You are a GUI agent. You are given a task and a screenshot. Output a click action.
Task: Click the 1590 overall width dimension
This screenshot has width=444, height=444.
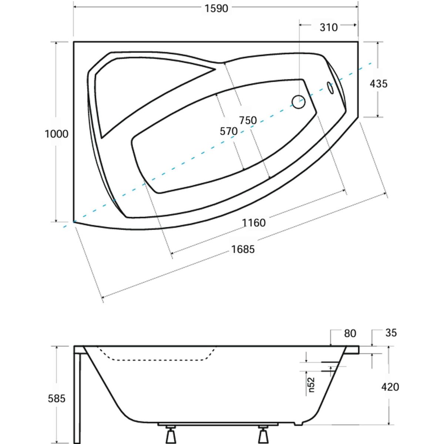216,9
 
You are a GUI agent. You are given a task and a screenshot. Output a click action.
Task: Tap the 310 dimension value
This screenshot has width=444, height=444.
329,27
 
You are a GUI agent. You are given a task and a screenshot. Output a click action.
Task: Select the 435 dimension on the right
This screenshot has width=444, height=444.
379,84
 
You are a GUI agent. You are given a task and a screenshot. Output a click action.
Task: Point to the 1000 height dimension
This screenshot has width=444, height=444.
57,134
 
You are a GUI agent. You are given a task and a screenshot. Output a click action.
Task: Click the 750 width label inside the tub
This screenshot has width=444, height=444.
248,120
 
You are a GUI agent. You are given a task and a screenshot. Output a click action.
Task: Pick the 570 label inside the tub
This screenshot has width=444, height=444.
229,131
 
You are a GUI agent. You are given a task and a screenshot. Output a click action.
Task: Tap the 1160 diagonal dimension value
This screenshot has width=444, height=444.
254,223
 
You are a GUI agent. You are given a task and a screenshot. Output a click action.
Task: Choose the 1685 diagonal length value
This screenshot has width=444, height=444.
243,249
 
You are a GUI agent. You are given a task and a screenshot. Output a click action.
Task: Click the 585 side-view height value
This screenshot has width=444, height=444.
57,398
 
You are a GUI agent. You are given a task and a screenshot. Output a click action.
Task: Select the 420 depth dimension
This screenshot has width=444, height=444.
390,387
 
